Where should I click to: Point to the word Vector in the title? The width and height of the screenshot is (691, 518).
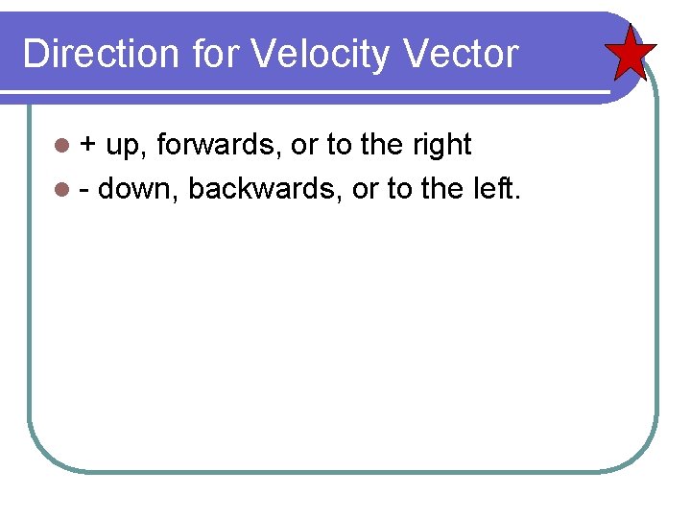[x=462, y=54]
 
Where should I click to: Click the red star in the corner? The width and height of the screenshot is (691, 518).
[x=631, y=53]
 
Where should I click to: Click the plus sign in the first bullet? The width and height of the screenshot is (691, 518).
[x=87, y=146]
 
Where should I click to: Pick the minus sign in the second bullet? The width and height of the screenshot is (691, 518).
[x=84, y=190]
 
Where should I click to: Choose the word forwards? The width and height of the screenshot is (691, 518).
[x=218, y=145]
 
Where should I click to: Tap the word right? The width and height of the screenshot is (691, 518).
[x=442, y=146]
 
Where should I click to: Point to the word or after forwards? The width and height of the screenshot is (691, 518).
[x=303, y=146]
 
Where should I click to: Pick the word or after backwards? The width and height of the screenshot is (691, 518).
[x=365, y=189]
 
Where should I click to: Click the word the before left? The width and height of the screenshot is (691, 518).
[x=442, y=189]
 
